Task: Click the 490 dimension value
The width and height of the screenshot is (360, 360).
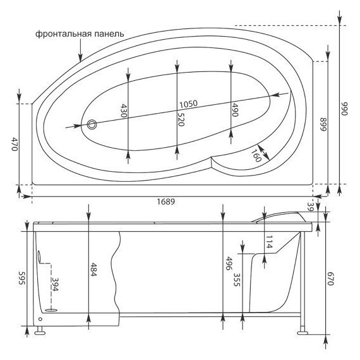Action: [x=234, y=110]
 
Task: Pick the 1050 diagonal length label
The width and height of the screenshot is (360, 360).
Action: [x=190, y=104]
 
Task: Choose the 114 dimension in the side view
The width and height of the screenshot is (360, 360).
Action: [x=268, y=241]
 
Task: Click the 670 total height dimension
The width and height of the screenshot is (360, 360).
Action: [x=329, y=279]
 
